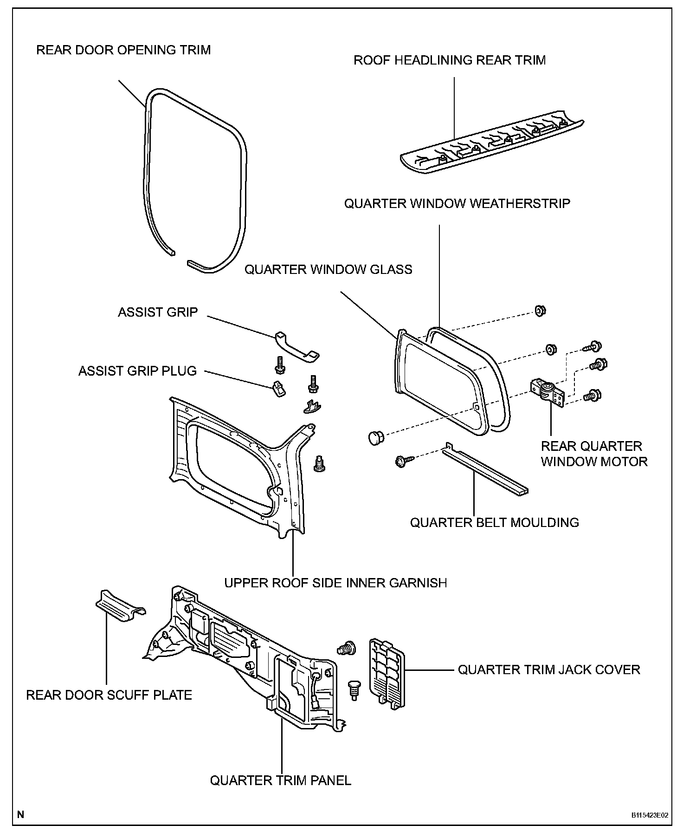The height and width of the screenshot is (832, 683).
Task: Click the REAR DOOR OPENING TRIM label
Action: click(123, 50)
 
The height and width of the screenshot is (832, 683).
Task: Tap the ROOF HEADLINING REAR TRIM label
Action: click(450, 60)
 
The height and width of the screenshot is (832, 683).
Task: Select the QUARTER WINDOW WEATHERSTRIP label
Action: click(457, 203)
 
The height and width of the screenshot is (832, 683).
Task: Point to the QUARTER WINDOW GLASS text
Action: click(329, 269)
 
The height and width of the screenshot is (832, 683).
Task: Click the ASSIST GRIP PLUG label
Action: click(137, 371)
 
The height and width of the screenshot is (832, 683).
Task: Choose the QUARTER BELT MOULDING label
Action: click(494, 522)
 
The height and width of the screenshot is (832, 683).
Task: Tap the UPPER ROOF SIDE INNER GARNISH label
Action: click(335, 583)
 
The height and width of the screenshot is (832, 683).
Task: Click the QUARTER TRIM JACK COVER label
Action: click(549, 669)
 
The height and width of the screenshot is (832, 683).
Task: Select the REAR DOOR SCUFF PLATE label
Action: click(109, 695)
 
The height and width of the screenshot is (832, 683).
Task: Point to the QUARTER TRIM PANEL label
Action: click(281, 780)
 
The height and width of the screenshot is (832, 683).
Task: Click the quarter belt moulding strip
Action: click(484, 471)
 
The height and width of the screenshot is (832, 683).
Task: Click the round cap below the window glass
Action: click(375, 437)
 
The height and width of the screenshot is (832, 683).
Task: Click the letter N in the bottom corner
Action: click(20, 814)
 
